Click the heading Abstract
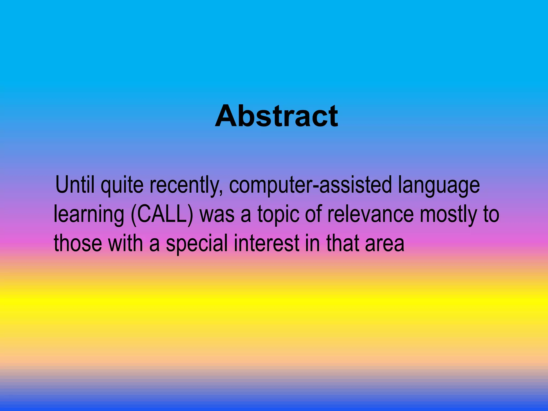[x=276, y=116]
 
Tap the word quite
[x=122, y=185]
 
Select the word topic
[x=278, y=215]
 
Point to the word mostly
[x=448, y=215]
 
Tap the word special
[x=197, y=243]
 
